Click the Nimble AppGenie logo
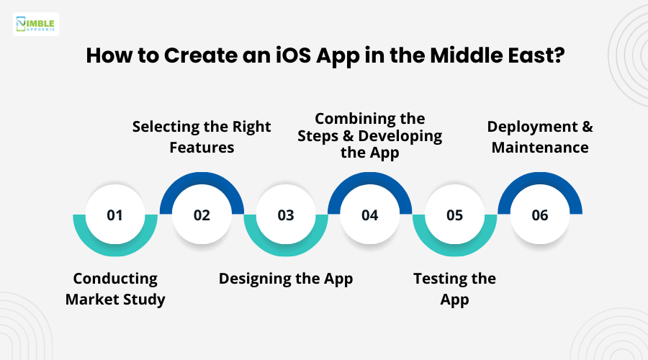(36, 24)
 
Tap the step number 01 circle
(115, 215)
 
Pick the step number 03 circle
(286, 215)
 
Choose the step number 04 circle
(370, 215)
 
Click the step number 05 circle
(454, 215)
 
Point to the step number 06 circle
(540, 215)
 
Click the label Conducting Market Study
(115, 289)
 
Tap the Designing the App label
(286, 279)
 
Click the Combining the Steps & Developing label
(370, 135)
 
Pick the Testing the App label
(454, 289)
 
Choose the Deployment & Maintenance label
(540, 137)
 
